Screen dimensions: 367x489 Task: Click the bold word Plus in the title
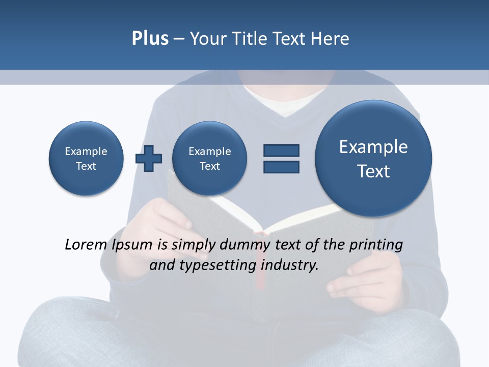pos(150,39)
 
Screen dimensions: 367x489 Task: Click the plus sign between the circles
pos(149,159)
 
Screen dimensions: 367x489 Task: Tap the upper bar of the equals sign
pos(281,150)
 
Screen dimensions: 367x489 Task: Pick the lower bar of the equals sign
pos(281,167)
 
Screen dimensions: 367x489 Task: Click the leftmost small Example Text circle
pos(86,159)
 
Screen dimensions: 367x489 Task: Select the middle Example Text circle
pos(209,159)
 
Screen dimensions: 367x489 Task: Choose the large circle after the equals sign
pos(373,158)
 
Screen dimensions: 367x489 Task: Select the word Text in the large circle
pos(373,171)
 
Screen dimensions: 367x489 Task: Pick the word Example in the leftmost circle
pos(86,151)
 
